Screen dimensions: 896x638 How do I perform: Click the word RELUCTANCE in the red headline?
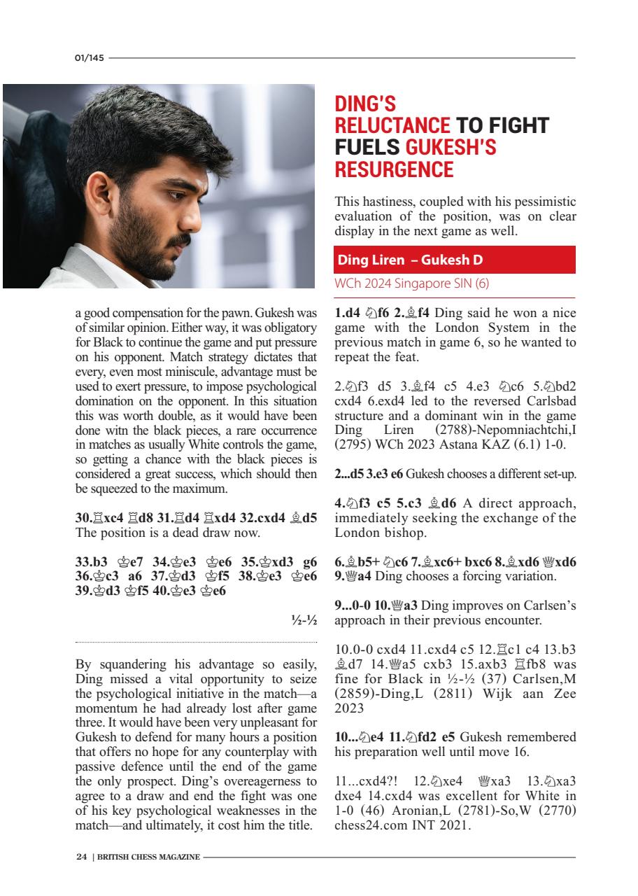pyautogui.click(x=392, y=126)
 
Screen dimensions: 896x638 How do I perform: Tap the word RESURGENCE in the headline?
pyautogui.click(x=395, y=169)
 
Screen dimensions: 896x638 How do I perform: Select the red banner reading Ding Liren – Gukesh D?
pyautogui.click(x=455, y=260)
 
